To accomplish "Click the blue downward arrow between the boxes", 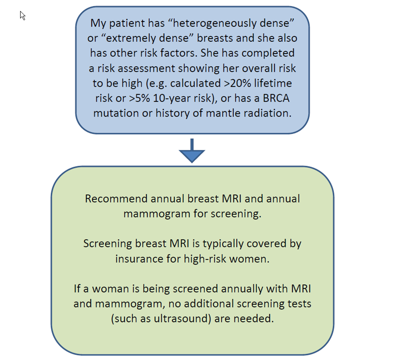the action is (x=192, y=151).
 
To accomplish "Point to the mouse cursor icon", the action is (x=23, y=16).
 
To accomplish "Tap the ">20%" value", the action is (x=238, y=83).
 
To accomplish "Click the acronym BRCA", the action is (x=276, y=98).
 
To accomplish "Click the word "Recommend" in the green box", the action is (x=116, y=199).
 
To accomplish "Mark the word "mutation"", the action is (x=116, y=113).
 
